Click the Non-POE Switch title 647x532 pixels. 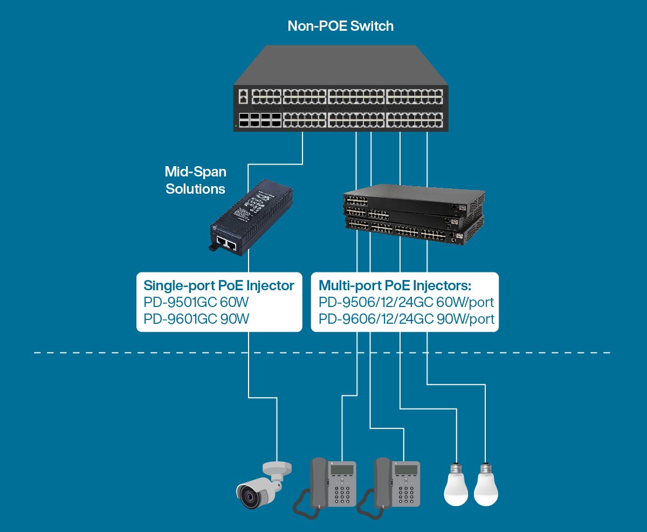pyautogui.click(x=340, y=26)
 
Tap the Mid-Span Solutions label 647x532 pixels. pyautogui.click(x=195, y=180)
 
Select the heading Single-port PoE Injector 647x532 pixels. pyautogui.click(x=218, y=285)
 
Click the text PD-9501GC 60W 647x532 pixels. pyautogui.click(x=196, y=302)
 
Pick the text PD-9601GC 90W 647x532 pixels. pyautogui.click(x=196, y=319)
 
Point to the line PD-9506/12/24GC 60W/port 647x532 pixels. pyautogui.click(x=406, y=302)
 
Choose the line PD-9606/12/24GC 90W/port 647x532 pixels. pyautogui.click(x=406, y=319)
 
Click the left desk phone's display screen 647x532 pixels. pyautogui.click(x=342, y=469)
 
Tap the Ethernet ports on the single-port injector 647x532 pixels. pyautogui.click(x=226, y=244)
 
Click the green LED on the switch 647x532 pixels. pyautogui.click(x=236, y=127)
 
